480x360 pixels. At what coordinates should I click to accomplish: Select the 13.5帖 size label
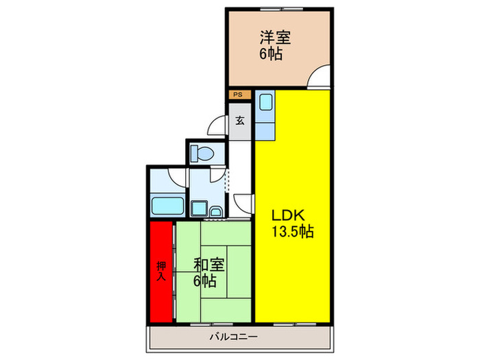[x=291, y=232]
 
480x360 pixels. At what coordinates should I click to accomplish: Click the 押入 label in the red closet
[x=161, y=272]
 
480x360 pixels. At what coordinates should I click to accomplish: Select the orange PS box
[x=237, y=95]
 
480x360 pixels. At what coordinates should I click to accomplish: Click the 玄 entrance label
[x=240, y=121]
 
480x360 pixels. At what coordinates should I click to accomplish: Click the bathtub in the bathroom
[x=165, y=205]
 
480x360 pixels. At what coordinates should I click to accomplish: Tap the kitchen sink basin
[x=265, y=104]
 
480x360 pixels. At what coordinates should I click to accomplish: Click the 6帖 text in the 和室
[x=205, y=281]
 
